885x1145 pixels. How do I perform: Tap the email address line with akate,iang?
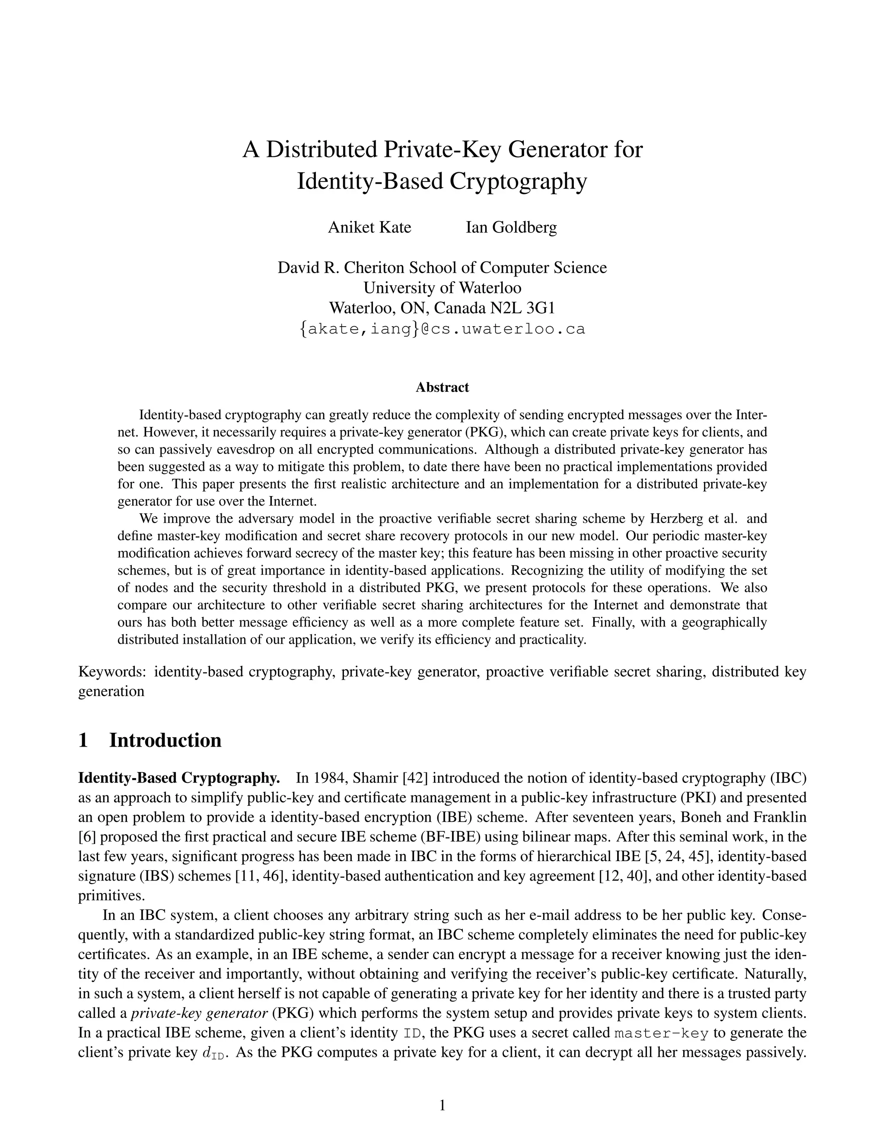[442, 329]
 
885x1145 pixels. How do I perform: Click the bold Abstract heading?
[442, 388]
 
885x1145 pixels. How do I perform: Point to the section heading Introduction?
[165, 740]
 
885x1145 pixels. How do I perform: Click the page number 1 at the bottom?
[442, 1106]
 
